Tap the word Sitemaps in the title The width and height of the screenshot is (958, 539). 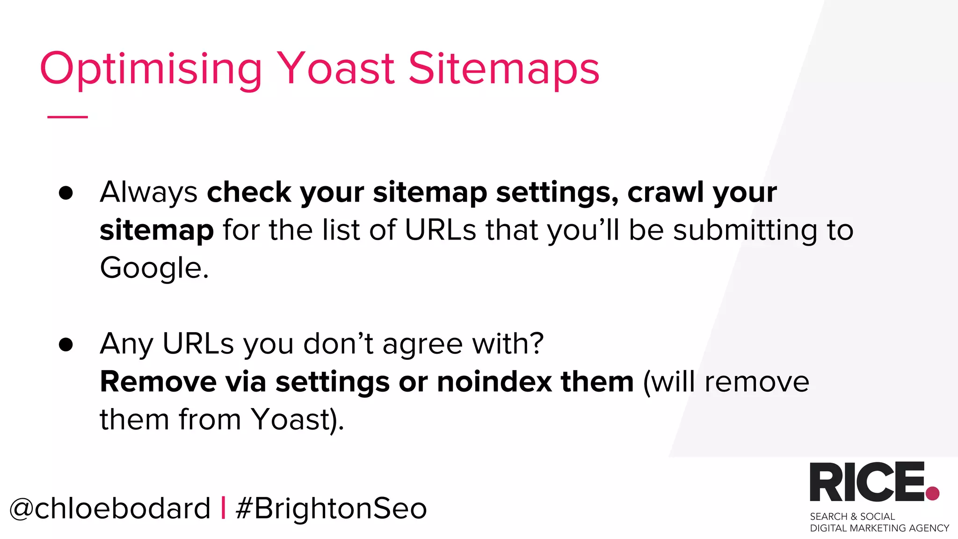(504, 69)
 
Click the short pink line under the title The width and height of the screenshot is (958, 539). (67, 117)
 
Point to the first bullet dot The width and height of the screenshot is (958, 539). (66, 193)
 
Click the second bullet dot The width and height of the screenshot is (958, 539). (66, 344)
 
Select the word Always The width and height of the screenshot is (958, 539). (149, 193)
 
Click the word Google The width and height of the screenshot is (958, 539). (154, 269)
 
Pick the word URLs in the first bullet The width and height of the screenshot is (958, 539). (440, 230)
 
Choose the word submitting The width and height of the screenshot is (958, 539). (745, 231)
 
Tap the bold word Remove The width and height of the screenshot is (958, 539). (158, 382)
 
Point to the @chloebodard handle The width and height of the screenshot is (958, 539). (110, 509)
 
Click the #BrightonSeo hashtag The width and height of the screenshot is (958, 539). (331, 509)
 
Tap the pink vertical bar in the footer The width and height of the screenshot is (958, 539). (223, 508)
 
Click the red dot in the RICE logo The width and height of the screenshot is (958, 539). (932, 493)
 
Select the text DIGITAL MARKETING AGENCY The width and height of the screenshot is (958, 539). (879, 528)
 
